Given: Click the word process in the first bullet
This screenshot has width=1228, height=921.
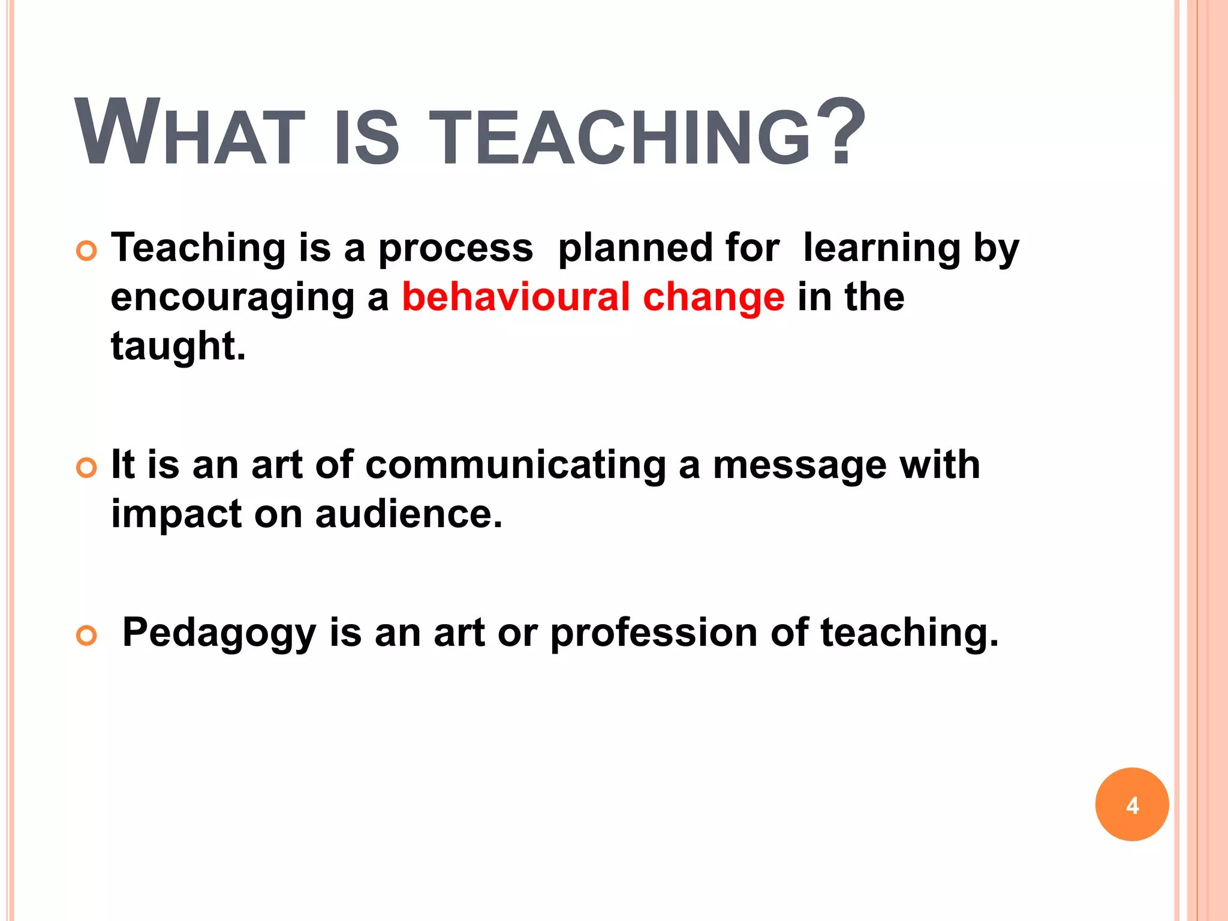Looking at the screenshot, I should coord(455,249).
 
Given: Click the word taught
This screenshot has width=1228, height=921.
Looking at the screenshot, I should coord(178,347).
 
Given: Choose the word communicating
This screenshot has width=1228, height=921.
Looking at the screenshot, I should coord(515,466).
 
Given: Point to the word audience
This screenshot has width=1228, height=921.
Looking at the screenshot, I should coord(408,514).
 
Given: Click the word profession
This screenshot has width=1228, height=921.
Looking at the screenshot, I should coord(654,633).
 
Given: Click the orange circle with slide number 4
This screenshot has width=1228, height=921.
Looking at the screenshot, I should coord(1131,804).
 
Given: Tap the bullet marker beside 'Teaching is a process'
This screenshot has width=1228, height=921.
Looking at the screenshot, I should coord(87,251).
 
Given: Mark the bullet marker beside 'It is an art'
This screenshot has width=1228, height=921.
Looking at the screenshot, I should coord(87,468).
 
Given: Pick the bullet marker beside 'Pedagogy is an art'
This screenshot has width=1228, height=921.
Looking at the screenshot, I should coord(87,636).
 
